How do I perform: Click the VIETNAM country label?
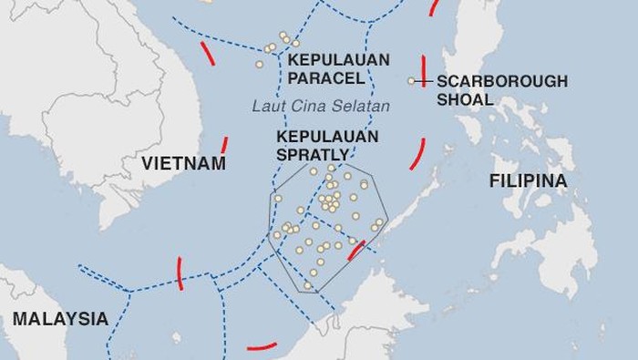(183, 164)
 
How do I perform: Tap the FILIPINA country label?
(528, 181)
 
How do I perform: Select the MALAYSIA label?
(60, 320)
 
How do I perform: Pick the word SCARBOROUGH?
(501, 81)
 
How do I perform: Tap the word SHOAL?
(465, 99)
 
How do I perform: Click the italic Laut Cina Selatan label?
(321, 107)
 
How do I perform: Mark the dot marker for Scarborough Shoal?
(411, 81)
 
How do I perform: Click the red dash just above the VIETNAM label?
(224, 144)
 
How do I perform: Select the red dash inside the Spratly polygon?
(356, 251)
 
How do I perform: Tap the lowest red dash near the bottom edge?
(262, 346)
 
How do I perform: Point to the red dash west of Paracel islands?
(208, 53)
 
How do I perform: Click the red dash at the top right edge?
(432, 7)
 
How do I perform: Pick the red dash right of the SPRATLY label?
(417, 153)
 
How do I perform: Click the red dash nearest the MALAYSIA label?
(180, 271)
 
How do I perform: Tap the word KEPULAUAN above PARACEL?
(338, 60)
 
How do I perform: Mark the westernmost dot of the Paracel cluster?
(259, 64)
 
